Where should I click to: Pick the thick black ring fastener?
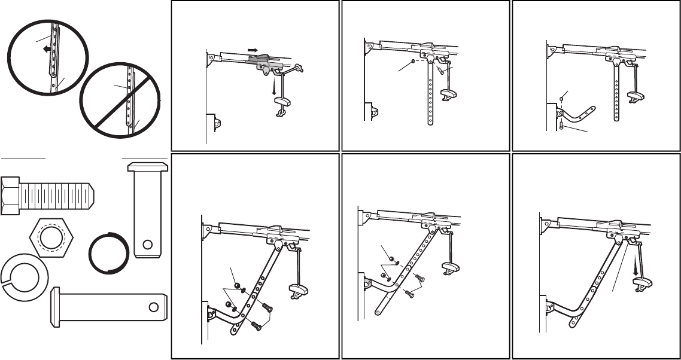(108, 252)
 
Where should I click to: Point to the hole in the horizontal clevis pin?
(154, 307)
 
